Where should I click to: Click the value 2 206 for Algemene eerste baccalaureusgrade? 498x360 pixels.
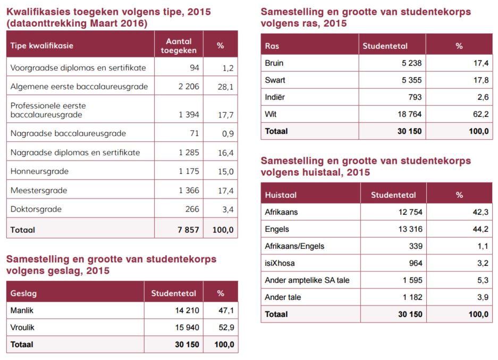pos(189,87)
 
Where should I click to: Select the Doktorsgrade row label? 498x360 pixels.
pos(36,209)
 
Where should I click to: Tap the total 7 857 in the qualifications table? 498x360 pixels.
pos(188,230)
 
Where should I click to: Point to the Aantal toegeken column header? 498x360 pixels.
pos(179,46)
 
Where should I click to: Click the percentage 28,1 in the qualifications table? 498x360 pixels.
pos(225,87)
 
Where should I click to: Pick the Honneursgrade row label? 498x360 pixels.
pos(39,171)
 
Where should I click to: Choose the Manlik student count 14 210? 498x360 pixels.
pos(187,311)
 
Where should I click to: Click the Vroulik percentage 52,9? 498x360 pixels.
pos(226,328)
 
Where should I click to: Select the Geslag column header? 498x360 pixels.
pos(23,294)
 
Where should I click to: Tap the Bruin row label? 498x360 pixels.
pos(274,63)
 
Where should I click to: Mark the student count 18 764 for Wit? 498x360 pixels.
pos(410,114)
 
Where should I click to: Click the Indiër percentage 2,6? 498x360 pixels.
pos(483,97)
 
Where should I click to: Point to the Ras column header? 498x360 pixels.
pos(272,46)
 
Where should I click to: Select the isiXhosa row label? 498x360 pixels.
pos(280,263)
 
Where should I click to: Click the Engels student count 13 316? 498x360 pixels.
pos(410,229)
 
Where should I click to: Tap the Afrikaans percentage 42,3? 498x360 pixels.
pos(480,212)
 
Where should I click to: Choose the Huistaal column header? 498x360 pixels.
pos(281,195)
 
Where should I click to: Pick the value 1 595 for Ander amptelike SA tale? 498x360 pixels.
pos(412,280)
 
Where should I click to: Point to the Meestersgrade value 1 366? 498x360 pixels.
pos(189,190)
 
